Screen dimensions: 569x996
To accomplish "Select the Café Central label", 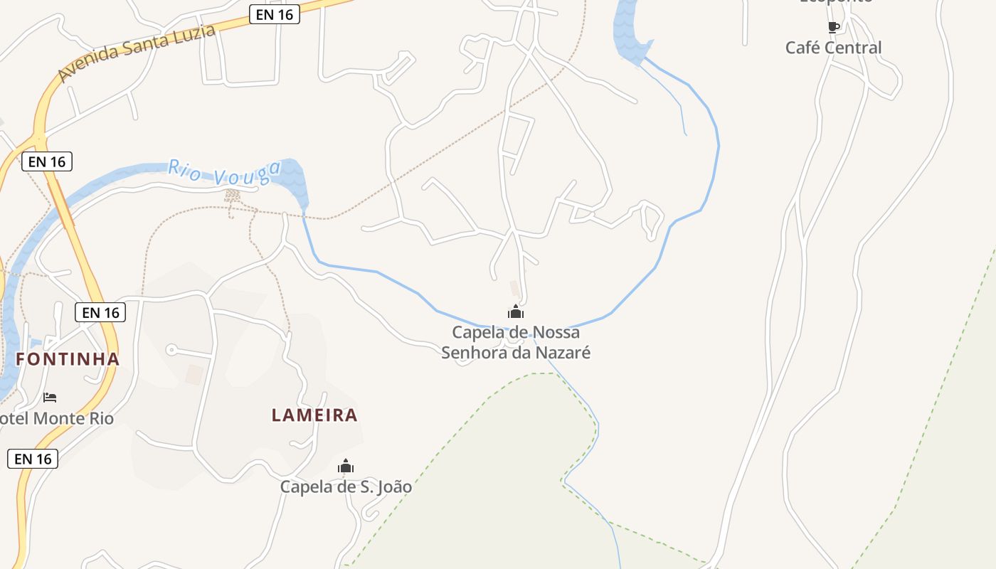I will coord(833,48).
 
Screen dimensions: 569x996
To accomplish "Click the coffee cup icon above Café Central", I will coord(834,27).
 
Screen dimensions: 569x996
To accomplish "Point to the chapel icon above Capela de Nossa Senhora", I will coord(516,312).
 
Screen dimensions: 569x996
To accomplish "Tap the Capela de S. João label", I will coord(346,487).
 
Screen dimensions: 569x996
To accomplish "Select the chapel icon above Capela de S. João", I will coord(346,467).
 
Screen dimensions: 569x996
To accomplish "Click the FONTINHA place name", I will coord(68,359).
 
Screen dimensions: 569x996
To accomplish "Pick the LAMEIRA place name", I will coord(314,415).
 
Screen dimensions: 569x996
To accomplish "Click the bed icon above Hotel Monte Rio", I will coord(50,397).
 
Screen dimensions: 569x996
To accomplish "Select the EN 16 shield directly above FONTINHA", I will coord(100,312).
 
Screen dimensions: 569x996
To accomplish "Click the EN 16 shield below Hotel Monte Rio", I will coord(33,459).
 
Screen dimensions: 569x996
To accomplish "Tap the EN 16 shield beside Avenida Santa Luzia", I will coord(275,14).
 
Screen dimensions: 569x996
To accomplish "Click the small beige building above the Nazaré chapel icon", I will coord(514,288).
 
